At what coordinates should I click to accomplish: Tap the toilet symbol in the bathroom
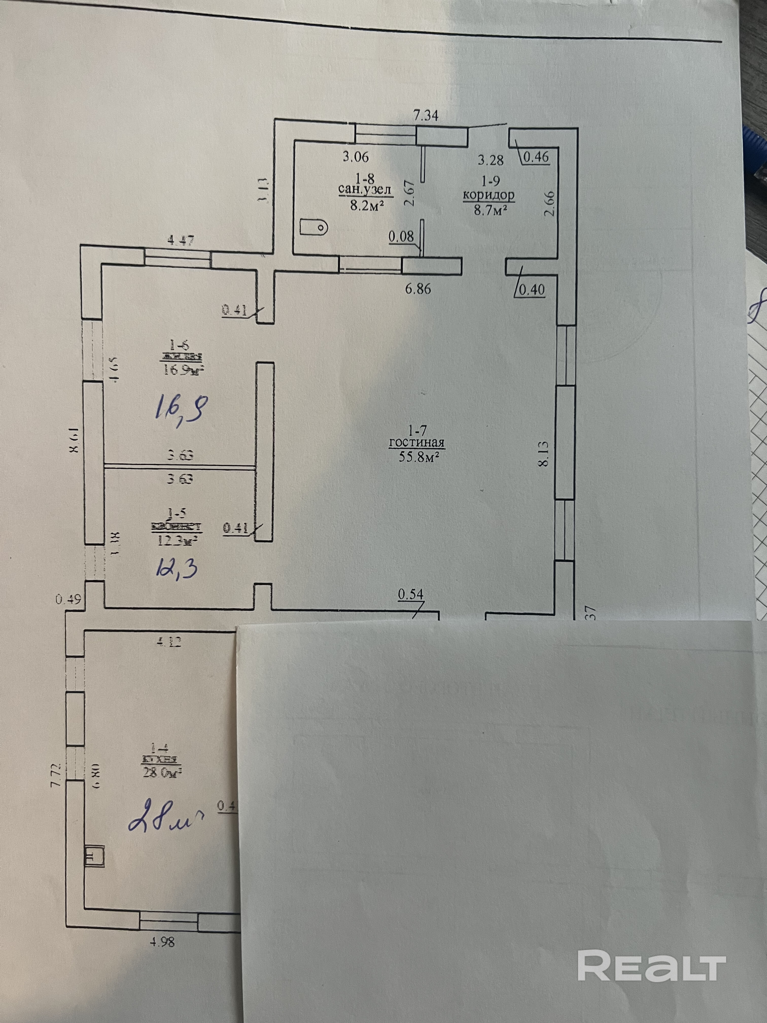[314, 227]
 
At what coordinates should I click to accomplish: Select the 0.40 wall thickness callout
[533, 290]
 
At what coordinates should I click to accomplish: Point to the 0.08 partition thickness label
[401, 237]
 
